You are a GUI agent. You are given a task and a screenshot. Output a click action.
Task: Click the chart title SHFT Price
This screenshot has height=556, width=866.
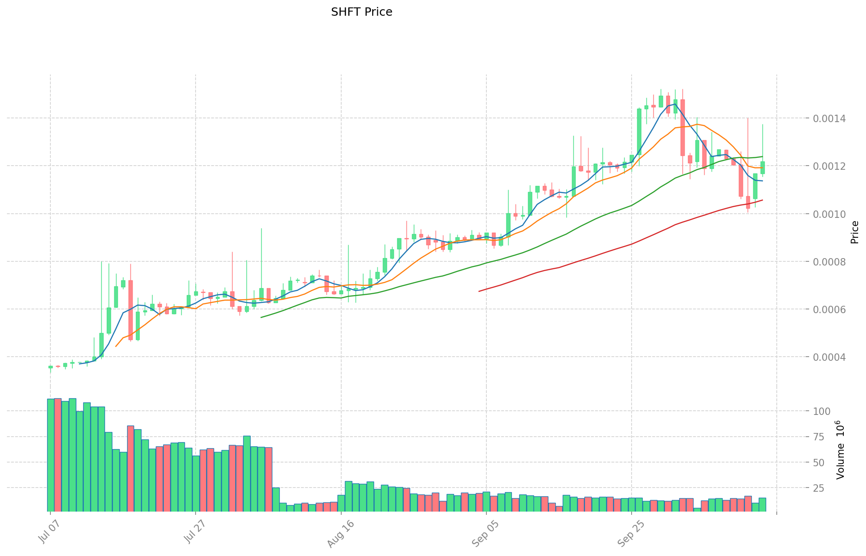point(362,12)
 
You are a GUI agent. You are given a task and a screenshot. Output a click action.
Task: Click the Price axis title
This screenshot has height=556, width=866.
point(854,232)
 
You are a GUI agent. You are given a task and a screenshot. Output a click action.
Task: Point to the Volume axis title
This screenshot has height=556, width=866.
point(841,450)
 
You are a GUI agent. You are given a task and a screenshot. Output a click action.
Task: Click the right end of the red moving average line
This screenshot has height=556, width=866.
point(762,200)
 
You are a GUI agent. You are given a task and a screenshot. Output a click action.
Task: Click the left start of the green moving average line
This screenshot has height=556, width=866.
point(261,317)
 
